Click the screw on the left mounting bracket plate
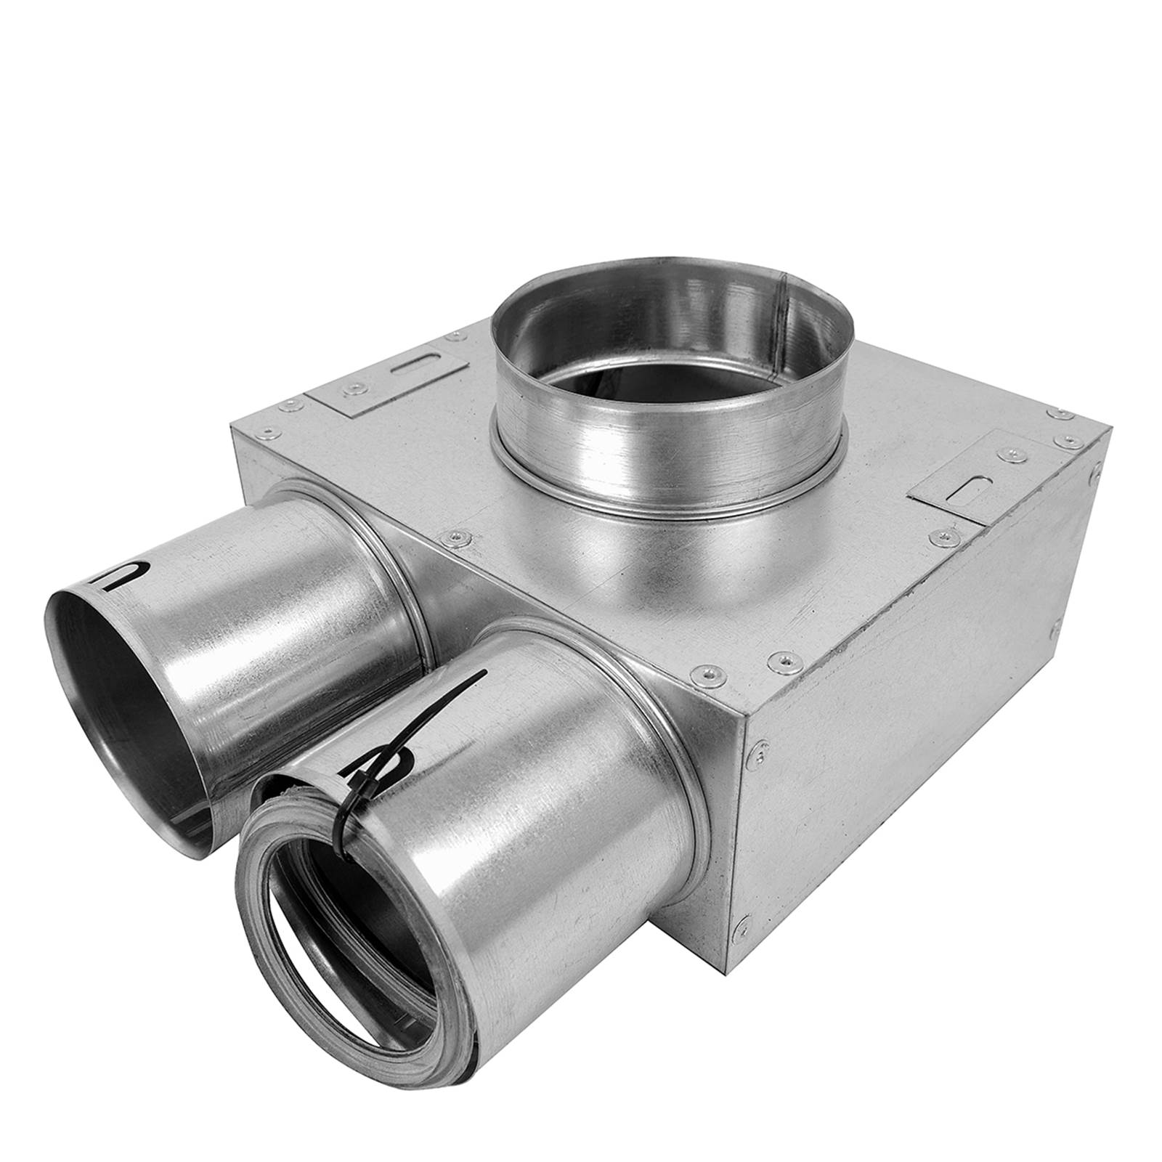click(355, 390)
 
